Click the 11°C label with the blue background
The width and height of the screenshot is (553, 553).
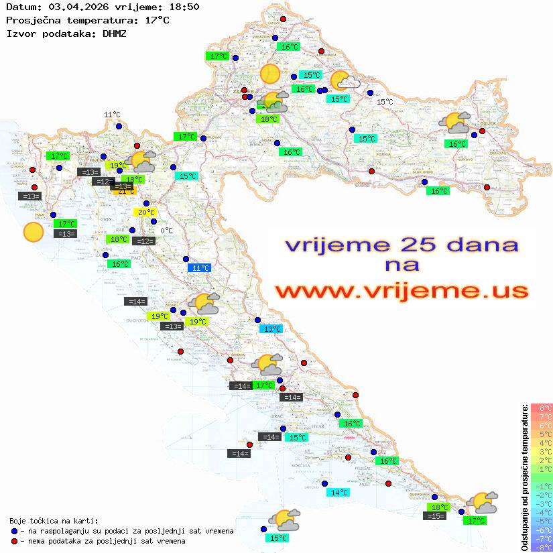[x=200, y=268]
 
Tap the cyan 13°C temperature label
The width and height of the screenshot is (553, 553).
[x=271, y=329]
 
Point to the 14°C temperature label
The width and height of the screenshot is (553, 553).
[x=339, y=493]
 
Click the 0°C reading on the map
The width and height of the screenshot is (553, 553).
[x=166, y=231]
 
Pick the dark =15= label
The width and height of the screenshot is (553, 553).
[x=436, y=516]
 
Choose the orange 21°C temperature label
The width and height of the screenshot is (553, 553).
[x=127, y=192]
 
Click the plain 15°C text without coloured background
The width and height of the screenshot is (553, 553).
[x=385, y=102]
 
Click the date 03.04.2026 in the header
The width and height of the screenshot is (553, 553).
[x=78, y=7]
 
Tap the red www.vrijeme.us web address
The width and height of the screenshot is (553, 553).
[x=402, y=291]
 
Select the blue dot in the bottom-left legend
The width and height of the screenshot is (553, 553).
[x=14, y=531]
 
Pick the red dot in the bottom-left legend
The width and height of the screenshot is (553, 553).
[x=14, y=541]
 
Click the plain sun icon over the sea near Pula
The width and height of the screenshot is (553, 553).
[x=33, y=232]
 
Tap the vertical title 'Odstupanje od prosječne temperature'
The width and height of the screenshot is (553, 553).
[x=524, y=477]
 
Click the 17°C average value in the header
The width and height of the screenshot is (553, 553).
[x=157, y=20]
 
